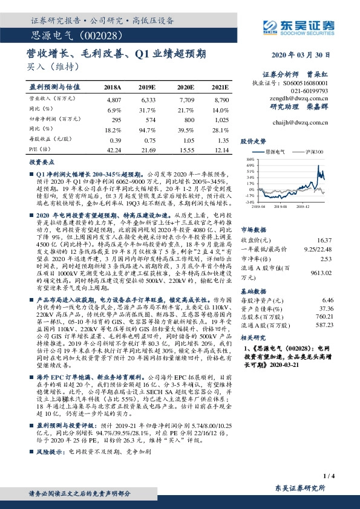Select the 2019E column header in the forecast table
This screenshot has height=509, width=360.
coord(148,87)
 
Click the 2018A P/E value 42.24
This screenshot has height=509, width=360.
coord(114,149)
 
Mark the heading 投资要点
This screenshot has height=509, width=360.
coord(39,162)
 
